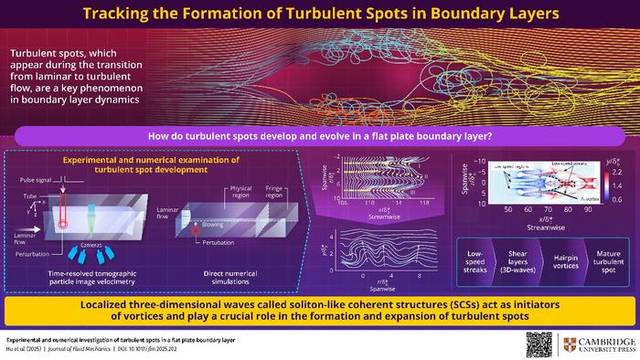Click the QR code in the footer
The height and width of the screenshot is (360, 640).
pos(539,344)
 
